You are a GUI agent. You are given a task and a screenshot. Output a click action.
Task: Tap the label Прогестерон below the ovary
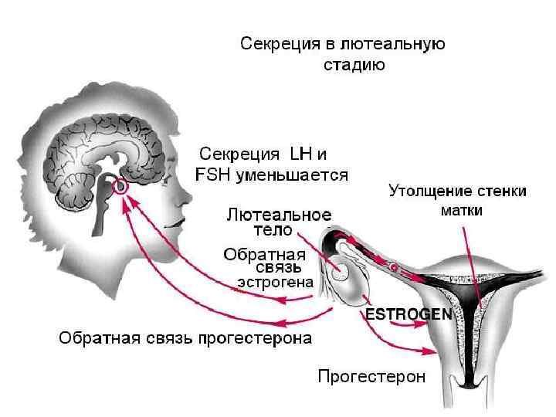pyautogui.click(x=371, y=377)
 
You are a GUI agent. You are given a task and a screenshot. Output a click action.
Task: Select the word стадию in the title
pyautogui.click(x=354, y=65)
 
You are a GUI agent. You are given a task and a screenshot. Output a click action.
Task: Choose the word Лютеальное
pyautogui.click(x=279, y=214)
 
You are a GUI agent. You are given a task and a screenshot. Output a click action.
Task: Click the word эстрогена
pyautogui.click(x=275, y=283)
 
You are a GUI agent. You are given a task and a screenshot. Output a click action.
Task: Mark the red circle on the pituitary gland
pyautogui.click(x=120, y=186)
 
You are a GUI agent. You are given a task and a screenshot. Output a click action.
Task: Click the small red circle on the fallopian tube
pyautogui.click(x=393, y=267)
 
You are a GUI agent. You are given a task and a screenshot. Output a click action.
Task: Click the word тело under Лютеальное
pyautogui.click(x=273, y=229)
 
